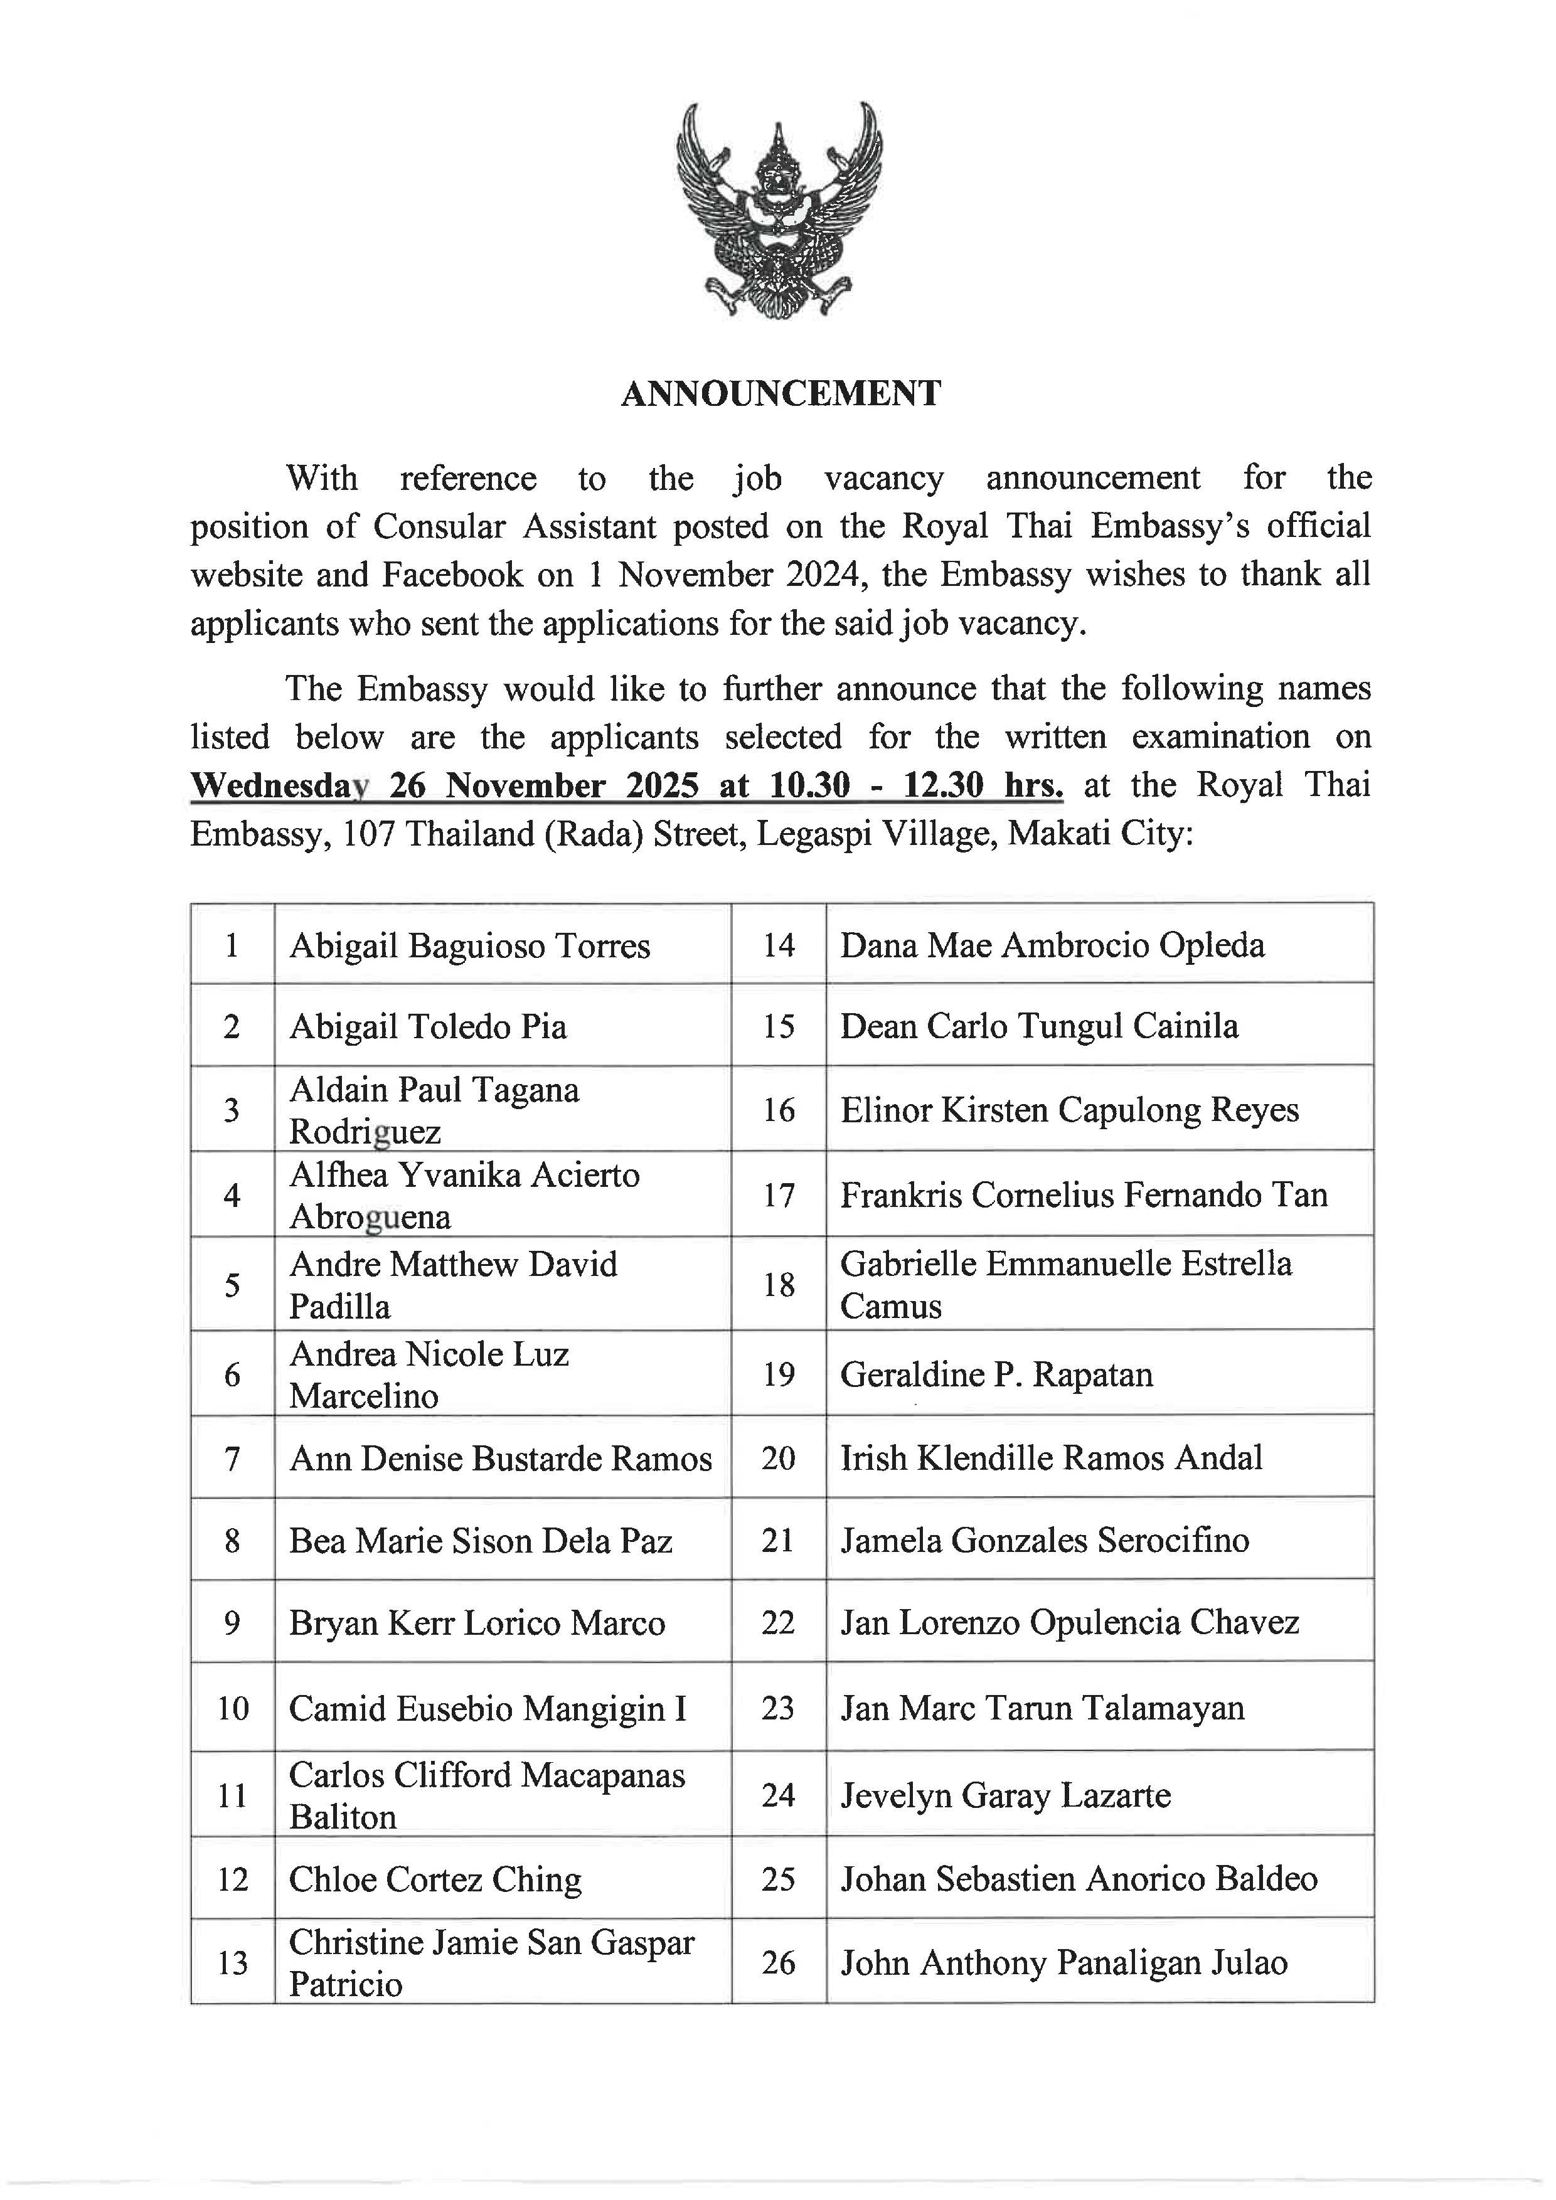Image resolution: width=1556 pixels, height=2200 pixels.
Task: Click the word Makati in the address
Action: click(1058, 834)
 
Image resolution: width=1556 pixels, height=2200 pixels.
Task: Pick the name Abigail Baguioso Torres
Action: click(469, 947)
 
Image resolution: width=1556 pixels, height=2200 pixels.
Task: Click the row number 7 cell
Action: click(232, 1459)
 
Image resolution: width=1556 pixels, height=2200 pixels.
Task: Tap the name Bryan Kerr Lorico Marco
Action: click(476, 1623)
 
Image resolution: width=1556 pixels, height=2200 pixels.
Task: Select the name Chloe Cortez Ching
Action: click(435, 1880)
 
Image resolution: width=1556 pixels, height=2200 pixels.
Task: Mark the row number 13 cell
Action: click(232, 1964)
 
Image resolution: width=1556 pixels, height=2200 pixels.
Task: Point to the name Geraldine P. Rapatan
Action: click(996, 1375)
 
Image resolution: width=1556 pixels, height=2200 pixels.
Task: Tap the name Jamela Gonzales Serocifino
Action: click(1045, 1541)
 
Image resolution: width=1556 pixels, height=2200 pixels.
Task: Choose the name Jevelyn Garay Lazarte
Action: click(1005, 1795)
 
